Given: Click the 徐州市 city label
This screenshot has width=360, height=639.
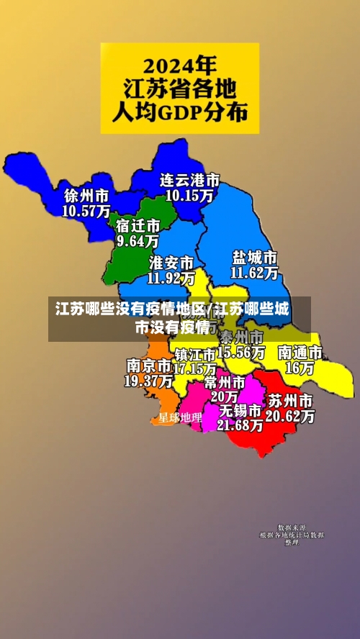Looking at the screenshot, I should (x=86, y=196).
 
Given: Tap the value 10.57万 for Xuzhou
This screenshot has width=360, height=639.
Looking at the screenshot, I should (x=86, y=211).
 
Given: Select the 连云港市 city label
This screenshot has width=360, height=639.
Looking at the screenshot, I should (x=189, y=179).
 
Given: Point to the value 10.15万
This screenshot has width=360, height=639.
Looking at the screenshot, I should (x=189, y=194).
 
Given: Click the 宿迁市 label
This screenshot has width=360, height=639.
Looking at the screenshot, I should (x=138, y=225).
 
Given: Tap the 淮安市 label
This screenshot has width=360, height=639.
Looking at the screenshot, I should (x=171, y=261).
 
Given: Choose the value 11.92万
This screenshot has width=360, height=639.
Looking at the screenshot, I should (x=171, y=276).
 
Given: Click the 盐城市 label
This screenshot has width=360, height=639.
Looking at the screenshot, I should (x=254, y=257).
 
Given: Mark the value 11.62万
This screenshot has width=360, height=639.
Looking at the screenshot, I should (x=254, y=273).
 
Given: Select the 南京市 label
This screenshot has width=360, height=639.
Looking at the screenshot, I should (x=148, y=365).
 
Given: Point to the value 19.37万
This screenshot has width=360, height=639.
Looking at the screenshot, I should (x=148, y=380).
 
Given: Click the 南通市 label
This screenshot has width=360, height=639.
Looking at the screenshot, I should (x=300, y=353).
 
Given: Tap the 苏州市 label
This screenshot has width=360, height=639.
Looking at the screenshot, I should (x=290, y=400).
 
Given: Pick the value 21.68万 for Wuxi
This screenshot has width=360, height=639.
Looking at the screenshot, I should (x=240, y=425).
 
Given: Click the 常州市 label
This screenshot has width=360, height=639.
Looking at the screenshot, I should (x=224, y=381).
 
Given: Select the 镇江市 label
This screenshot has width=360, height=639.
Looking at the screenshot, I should (x=195, y=354).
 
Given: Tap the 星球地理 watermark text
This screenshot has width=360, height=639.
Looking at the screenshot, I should (x=180, y=417).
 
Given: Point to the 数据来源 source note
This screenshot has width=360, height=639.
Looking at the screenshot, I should (x=292, y=527).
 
